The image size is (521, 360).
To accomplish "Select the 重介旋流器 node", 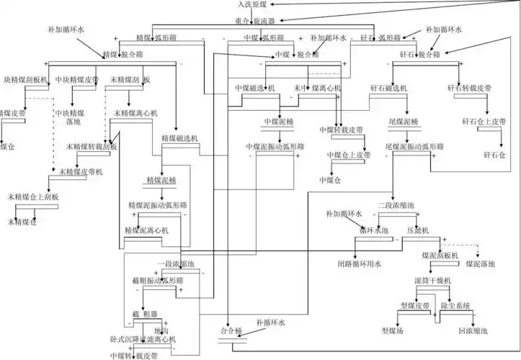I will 258,22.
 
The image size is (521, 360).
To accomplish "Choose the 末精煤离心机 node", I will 136,114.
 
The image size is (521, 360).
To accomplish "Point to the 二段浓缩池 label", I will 396,206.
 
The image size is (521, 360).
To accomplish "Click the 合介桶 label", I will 233,331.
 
